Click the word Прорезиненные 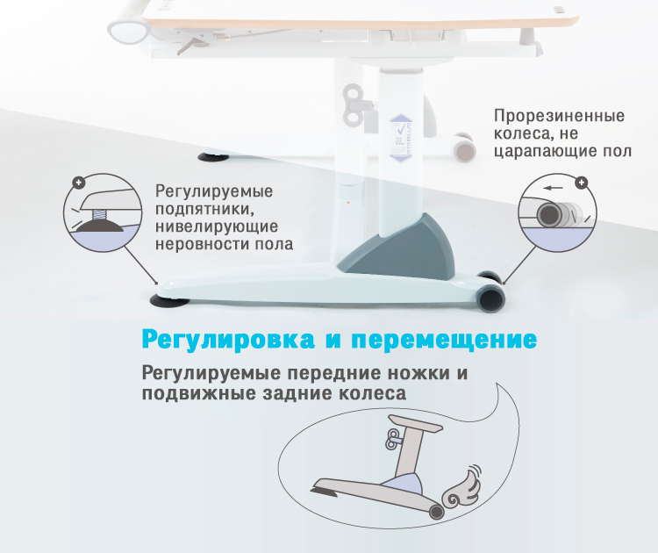560,116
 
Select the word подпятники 205,210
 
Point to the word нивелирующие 217,226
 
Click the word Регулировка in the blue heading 228,340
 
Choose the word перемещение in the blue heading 445,340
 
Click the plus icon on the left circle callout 78,183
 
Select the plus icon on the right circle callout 581,183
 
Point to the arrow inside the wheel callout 553,188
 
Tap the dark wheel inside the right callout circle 549,214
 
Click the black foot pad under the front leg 169,301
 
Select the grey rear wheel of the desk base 491,298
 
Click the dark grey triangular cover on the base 403,248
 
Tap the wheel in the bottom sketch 436,512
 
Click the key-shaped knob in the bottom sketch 395,440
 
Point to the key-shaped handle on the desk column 354,104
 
